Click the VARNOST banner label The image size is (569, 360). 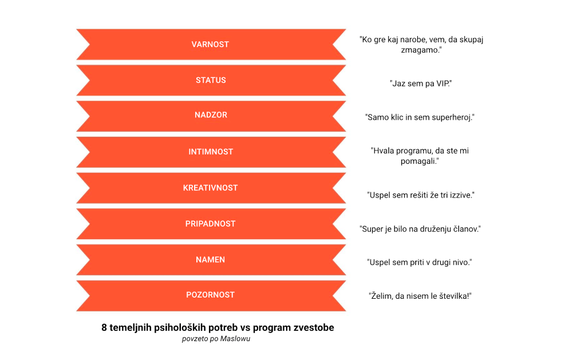point(210,45)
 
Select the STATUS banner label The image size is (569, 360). point(211,80)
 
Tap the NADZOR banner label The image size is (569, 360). point(211,115)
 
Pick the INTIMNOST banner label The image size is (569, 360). point(211,152)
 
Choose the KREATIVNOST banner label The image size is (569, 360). point(210,188)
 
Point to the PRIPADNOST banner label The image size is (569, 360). point(210,224)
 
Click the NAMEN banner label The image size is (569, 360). point(210,260)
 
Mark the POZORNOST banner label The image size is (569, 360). point(210,295)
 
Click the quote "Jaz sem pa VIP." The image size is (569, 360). point(420,84)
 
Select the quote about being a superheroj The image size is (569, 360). point(420,117)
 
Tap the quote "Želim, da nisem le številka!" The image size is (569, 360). point(420,296)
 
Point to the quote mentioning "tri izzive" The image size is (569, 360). point(420,195)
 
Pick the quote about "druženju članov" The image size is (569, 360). point(420,229)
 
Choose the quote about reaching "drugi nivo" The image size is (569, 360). point(420,262)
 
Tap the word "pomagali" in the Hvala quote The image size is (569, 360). point(420,161)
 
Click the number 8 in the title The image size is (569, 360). point(104,328)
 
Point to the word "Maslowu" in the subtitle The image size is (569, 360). point(235,339)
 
